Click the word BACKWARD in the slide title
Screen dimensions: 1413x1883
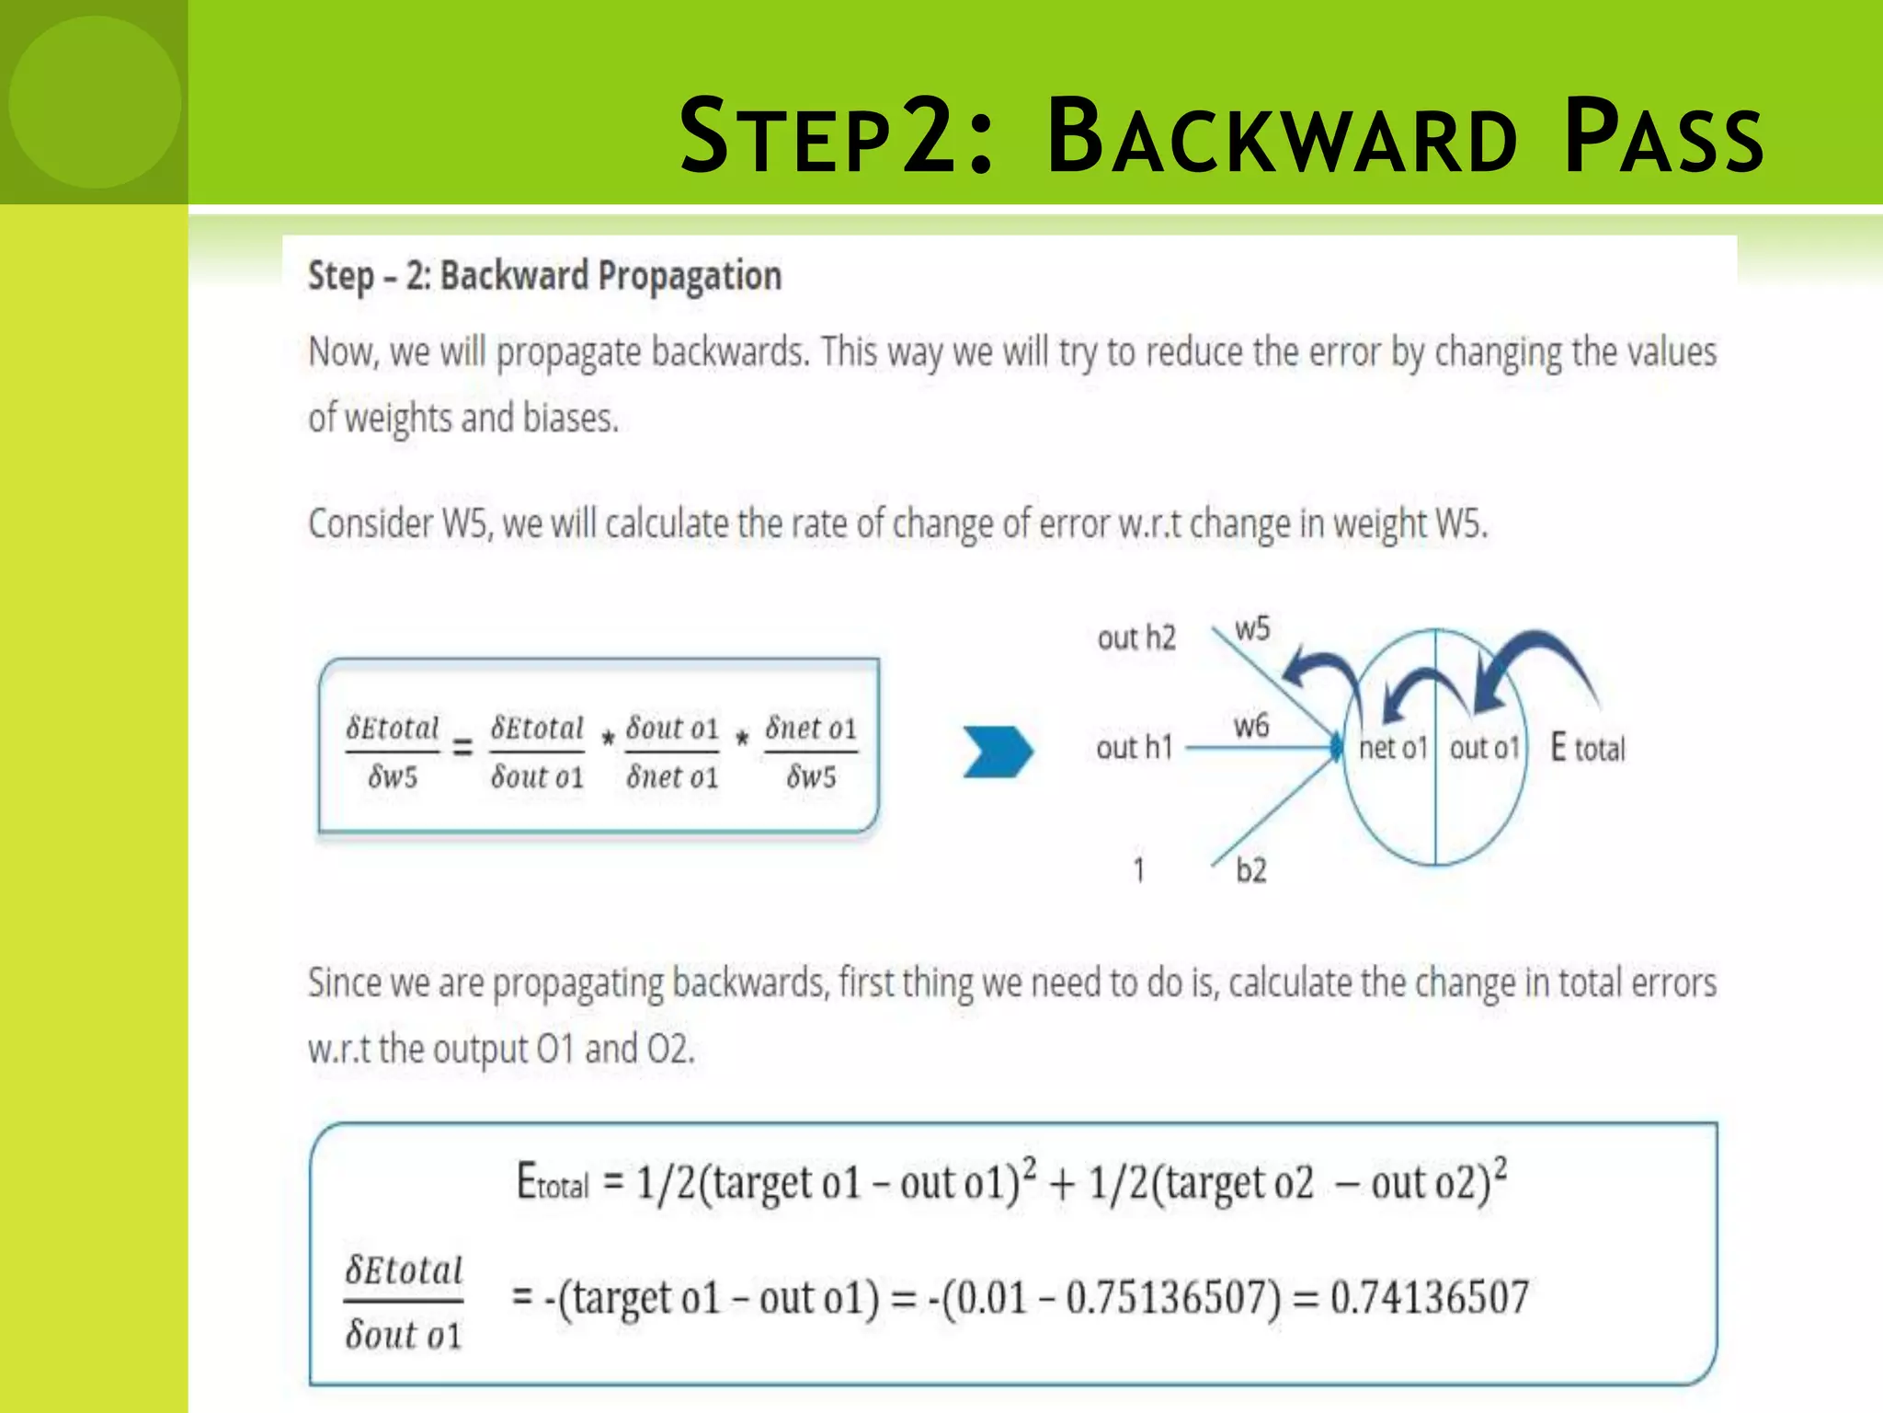[x=1282, y=138]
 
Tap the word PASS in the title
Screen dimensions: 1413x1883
[x=1664, y=138]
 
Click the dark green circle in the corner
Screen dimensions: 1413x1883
[x=94, y=101]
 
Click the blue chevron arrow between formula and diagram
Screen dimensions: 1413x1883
[x=997, y=752]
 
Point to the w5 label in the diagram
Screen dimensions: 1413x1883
[x=1252, y=629]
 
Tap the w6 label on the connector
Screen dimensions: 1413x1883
[x=1251, y=726]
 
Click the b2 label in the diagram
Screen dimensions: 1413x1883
[x=1250, y=870]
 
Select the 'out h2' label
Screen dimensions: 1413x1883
[x=1136, y=638]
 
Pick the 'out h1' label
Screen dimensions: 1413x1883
[x=1135, y=747]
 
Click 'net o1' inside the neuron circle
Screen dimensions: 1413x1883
[x=1392, y=748]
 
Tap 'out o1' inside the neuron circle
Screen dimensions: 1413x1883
[x=1484, y=748]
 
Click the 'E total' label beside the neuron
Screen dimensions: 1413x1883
[x=1588, y=748]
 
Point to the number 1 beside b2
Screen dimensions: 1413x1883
[x=1139, y=870]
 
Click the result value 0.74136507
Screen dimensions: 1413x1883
[x=1430, y=1297]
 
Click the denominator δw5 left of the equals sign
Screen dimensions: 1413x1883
[x=393, y=777]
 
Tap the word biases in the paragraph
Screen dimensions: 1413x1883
[x=570, y=419]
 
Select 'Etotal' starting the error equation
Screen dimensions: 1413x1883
[x=553, y=1183]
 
